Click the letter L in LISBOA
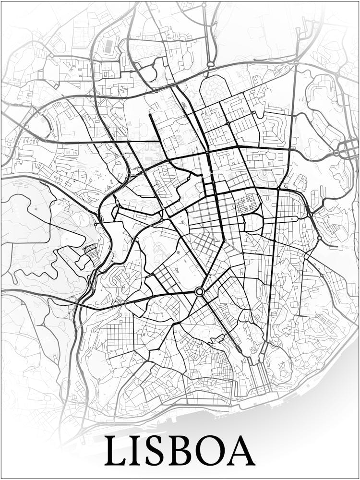[117, 451]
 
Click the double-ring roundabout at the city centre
[200, 291]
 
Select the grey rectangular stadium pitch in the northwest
[109, 47]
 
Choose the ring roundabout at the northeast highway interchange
[337, 153]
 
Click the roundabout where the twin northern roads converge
[210, 64]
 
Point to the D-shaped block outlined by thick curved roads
[253, 222]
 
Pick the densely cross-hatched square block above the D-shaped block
[248, 204]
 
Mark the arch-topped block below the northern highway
[215, 89]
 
